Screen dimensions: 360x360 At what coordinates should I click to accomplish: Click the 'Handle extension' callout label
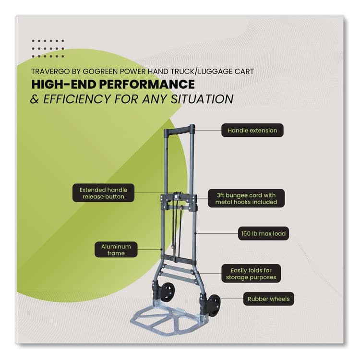point(252,130)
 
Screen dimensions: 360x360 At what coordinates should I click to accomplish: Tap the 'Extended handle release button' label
point(103,193)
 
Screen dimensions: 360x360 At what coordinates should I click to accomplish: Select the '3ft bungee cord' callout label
point(246,198)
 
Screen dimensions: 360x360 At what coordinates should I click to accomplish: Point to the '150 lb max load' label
point(264,233)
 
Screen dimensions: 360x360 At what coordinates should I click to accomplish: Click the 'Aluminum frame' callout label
point(116,250)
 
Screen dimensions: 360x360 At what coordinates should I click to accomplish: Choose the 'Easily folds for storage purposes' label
point(251,274)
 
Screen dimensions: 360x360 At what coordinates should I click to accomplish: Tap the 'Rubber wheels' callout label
point(269,299)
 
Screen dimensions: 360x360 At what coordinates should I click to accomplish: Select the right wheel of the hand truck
point(213,305)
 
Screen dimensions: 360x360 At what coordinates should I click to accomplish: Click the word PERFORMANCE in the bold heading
point(147,84)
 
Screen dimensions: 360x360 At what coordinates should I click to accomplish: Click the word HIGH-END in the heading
point(63,84)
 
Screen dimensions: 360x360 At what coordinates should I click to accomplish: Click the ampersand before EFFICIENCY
point(35,99)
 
